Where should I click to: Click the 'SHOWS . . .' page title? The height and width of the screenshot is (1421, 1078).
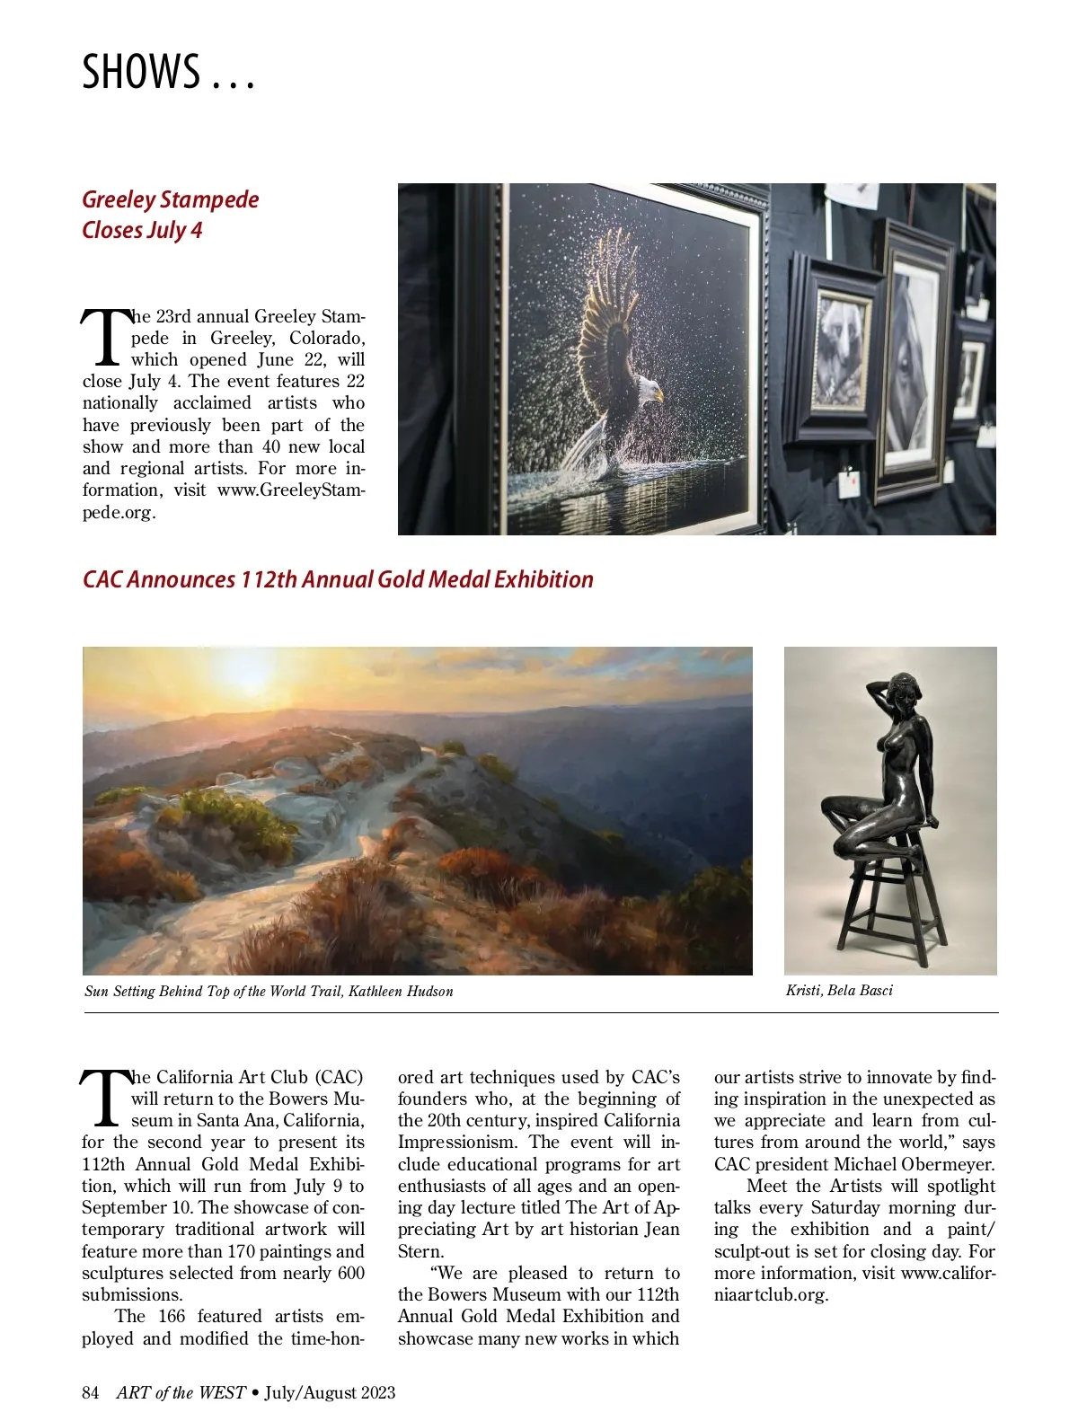click(x=168, y=72)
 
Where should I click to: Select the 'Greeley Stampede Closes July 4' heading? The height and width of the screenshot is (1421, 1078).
click(x=170, y=215)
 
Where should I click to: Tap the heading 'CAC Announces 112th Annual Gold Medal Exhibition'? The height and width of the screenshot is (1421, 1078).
click(x=338, y=579)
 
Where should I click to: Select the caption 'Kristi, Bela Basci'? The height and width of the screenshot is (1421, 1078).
click(x=839, y=990)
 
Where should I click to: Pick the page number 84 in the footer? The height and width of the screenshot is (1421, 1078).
click(x=90, y=1392)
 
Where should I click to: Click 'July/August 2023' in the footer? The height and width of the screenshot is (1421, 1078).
click(x=330, y=1392)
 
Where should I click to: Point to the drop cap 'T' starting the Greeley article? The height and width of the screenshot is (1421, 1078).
click(x=105, y=338)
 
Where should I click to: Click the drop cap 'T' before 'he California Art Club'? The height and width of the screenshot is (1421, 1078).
click(x=105, y=1098)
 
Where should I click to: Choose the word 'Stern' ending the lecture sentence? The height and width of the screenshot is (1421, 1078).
click(x=419, y=1251)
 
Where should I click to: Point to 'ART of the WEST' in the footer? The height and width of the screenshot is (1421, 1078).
click(x=181, y=1392)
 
